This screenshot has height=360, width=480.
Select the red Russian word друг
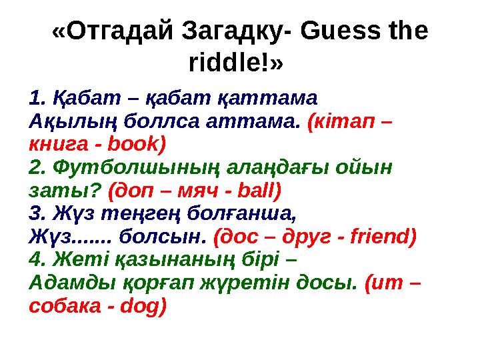click(x=305, y=236)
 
